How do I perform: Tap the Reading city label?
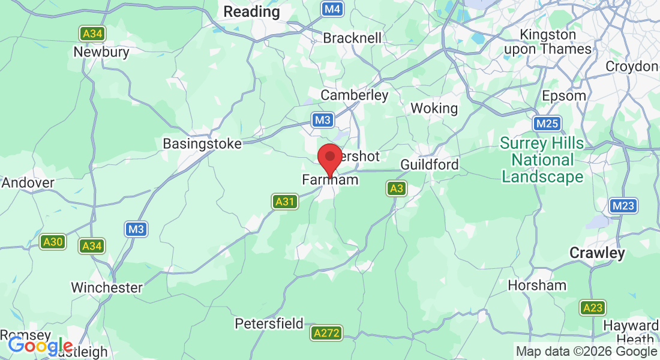[x=251, y=11]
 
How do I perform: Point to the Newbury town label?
[x=101, y=52]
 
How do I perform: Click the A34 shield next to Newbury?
[x=92, y=34]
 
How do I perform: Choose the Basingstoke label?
[x=202, y=144]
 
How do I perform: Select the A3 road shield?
[x=396, y=189]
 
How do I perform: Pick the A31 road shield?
[x=284, y=202]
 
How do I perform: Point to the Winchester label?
[x=107, y=288]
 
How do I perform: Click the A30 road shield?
[x=53, y=242]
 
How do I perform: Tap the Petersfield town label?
[x=269, y=324]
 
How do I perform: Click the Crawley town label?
[x=597, y=253]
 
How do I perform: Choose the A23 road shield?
[x=592, y=308]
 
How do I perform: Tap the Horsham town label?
[x=537, y=286]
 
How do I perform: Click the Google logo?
[x=40, y=346]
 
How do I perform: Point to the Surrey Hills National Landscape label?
[x=542, y=160]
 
